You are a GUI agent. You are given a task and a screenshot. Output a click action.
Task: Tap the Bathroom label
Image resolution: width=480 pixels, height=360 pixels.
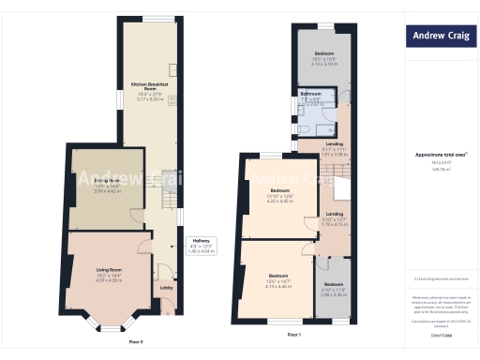click(x=311, y=95)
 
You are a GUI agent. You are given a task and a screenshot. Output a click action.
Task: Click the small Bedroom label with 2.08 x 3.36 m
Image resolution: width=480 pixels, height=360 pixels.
click(x=334, y=284)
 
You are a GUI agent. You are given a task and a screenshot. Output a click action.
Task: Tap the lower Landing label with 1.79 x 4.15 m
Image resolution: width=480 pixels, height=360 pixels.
click(x=335, y=214)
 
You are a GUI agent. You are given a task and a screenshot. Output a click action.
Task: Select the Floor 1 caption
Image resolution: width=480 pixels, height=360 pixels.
click(x=293, y=335)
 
